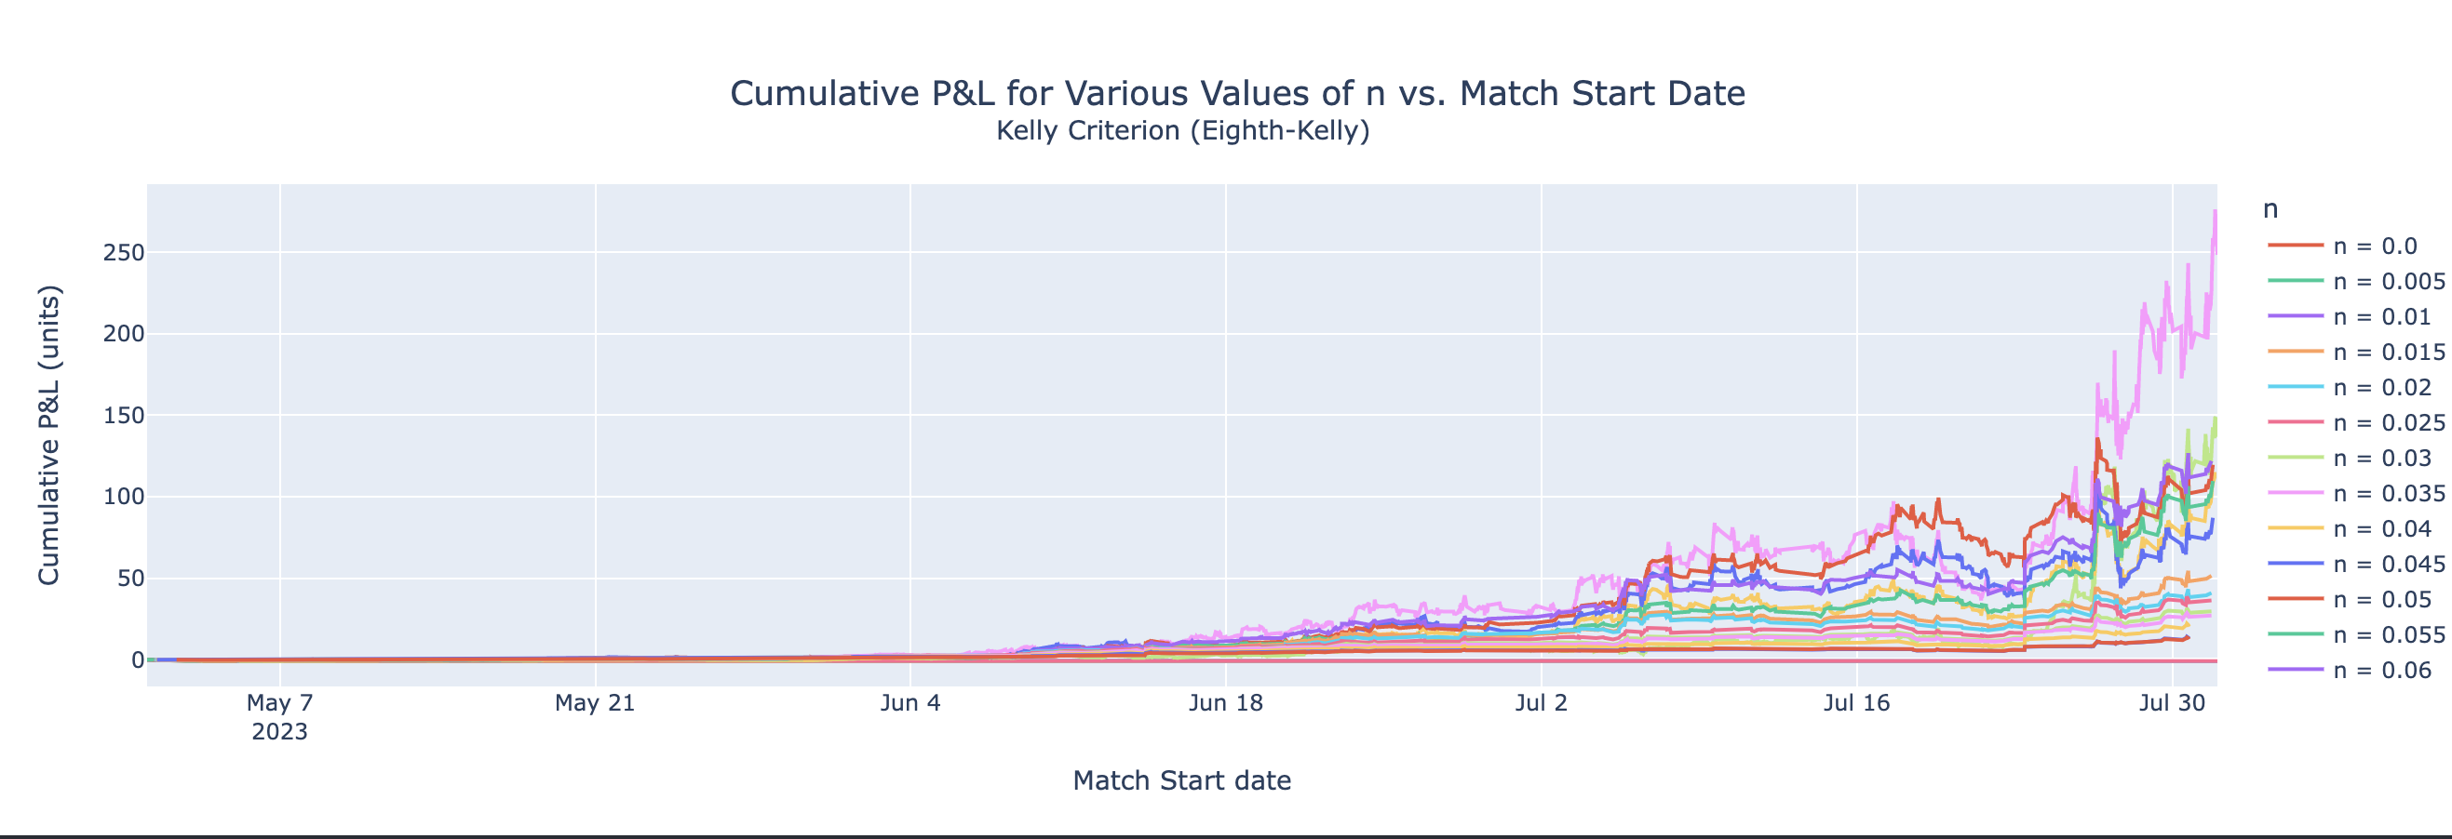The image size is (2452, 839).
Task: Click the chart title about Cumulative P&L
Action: pyautogui.click(x=1236, y=93)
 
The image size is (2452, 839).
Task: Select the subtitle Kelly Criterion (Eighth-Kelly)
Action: pyautogui.click(x=1182, y=130)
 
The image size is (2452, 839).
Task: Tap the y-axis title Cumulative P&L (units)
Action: pyautogui.click(x=49, y=434)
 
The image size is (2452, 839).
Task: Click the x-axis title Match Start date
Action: pyautogui.click(x=1181, y=780)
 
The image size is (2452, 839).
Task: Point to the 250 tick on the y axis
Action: pyautogui.click(x=124, y=252)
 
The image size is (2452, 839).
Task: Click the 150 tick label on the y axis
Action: pyautogui.click(x=124, y=416)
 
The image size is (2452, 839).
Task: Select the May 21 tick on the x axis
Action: pyautogui.click(x=594, y=703)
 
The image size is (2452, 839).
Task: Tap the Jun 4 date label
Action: pyautogui.click(x=910, y=703)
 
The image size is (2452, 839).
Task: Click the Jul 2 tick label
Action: pyautogui.click(x=1540, y=703)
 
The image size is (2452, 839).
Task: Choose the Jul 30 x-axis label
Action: pyautogui.click(x=2171, y=703)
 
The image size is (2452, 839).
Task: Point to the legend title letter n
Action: pyautogui.click(x=2270, y=209)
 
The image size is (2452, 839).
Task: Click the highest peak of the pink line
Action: pyautogui.click(x=2215, y=210)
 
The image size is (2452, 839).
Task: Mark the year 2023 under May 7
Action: pyautogui.click(x=279, y=731)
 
